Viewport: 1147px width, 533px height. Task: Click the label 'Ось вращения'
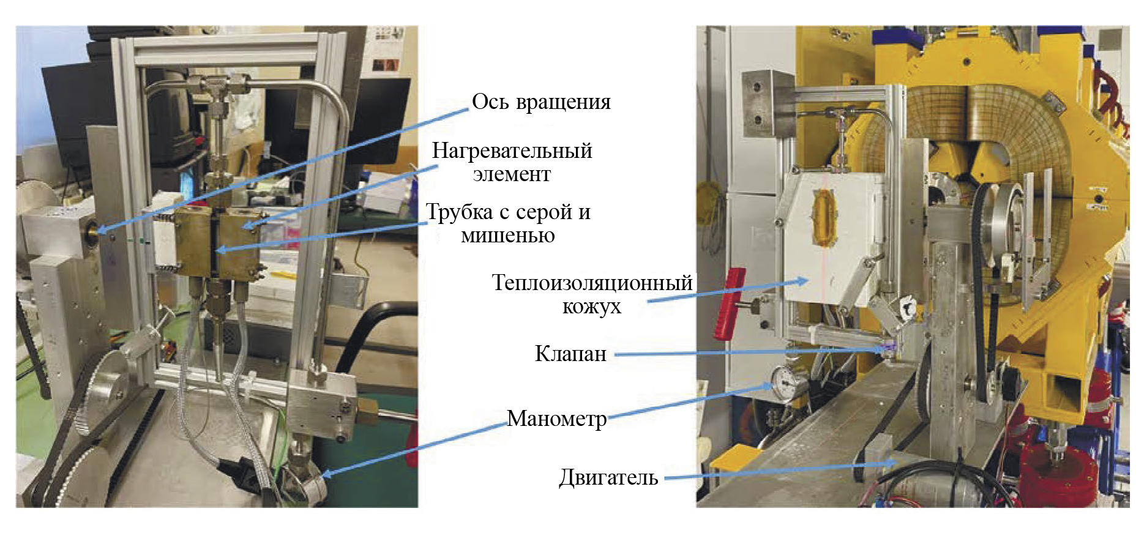pos(541,102)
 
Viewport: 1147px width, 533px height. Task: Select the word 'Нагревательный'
pos(512,151)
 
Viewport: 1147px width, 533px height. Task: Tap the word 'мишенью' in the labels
pos(507,236)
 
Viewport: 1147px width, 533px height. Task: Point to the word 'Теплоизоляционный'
pos(592,283)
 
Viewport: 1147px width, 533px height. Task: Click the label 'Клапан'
pos(570,354)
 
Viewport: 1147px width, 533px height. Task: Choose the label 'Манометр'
pos(556,419)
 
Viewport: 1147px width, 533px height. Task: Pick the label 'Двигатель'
pos(608,477)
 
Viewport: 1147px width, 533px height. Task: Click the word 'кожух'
pos(591,307)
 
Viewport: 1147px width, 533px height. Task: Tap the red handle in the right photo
pos(730,303)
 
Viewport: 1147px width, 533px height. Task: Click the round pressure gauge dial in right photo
pos(784,382)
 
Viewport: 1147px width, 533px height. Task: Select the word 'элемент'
pos(512,175)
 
